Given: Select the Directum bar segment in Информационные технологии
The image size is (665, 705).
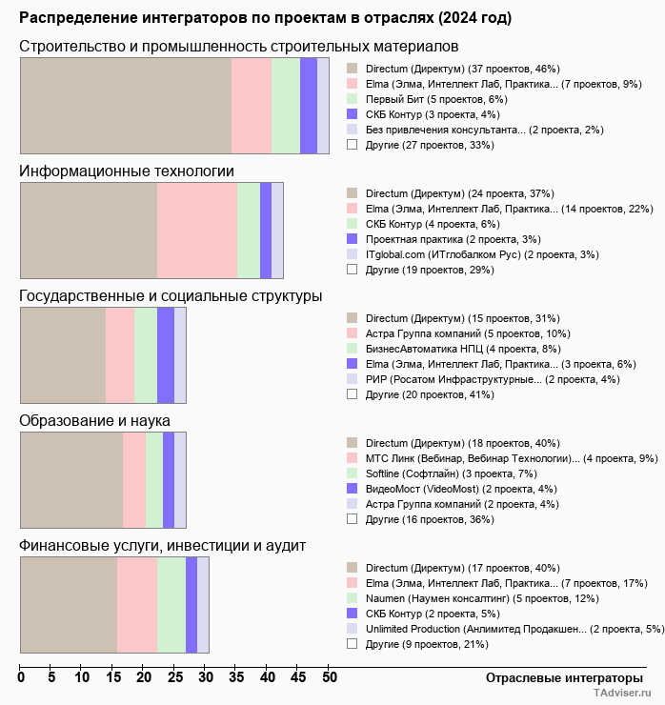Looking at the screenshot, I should [89, 230].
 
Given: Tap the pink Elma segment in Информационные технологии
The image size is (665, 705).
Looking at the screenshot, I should [197, 230].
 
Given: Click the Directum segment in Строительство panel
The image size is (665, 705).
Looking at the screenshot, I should [126, 105].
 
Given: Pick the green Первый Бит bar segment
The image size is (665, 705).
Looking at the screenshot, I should [286, 105].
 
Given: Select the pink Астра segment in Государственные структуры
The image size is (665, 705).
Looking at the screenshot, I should [120, 355].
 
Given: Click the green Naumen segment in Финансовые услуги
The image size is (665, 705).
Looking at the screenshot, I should [171, 605].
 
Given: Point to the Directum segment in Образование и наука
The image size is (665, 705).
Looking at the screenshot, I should [71, 479].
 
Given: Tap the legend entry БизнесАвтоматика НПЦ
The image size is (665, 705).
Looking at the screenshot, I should [446, 349].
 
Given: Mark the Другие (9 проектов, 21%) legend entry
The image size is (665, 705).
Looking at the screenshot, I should [427, 644].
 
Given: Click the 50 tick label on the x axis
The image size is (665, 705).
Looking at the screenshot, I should [329, 678].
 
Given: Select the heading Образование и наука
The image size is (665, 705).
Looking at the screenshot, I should [94, 420].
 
